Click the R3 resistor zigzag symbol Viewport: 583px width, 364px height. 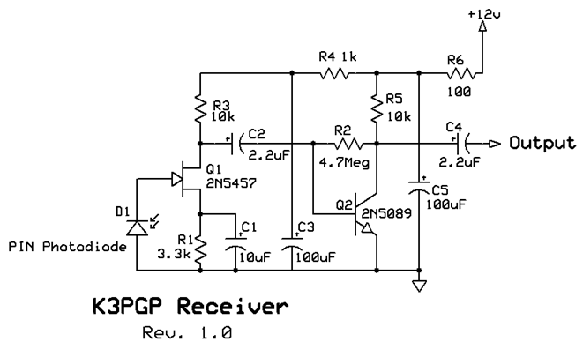200,109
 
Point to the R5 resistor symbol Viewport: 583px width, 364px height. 377,108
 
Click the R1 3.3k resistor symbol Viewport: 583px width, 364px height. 200,250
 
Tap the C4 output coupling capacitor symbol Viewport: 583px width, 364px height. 462,142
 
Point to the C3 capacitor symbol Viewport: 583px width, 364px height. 291,241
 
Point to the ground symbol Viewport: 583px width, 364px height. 420,285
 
